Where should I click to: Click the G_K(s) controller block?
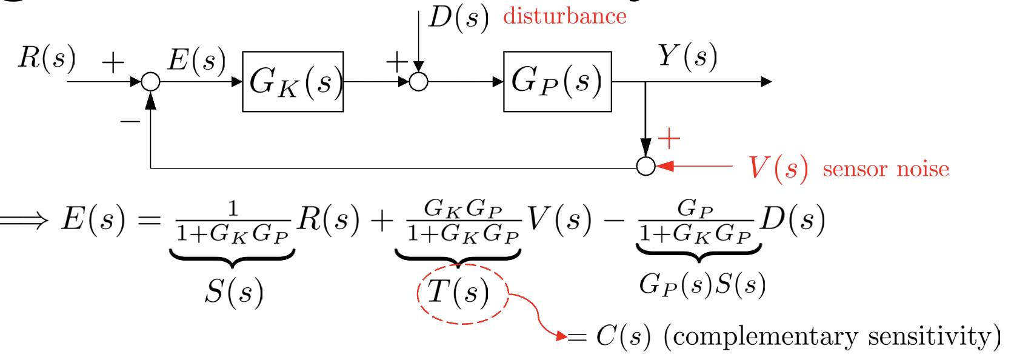point(293,82)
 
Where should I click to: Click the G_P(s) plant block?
point(557,82)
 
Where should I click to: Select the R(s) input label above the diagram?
point(47,58)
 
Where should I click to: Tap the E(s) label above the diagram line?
point(196,60)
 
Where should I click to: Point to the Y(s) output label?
point(687,56)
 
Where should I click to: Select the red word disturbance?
point(565,16)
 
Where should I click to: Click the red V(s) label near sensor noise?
point(778,168)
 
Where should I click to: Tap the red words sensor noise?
point(886,169)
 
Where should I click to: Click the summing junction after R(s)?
point(150,82)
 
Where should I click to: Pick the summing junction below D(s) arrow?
point(418,82)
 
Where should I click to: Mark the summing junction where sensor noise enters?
point(646,166)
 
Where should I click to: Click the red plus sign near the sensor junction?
point(669,139)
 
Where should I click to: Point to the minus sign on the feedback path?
point(130,122)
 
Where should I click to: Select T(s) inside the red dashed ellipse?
point(458,293)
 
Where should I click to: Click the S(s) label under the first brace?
point(234,292)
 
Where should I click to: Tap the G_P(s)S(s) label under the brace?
point(702,284)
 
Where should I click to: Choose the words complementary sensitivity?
point(831,336)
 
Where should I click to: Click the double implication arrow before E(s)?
point(24,219)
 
